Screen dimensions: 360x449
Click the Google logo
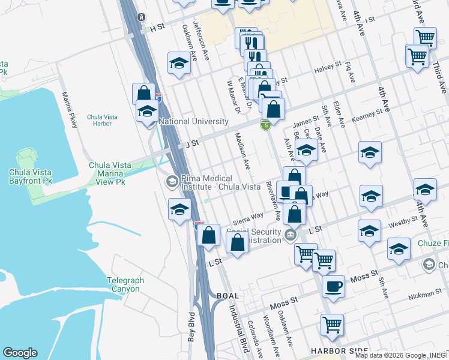click(x=20, y=353)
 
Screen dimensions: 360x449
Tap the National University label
click(x=194, y=121)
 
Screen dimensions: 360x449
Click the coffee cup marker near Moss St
click(x=334, y=286)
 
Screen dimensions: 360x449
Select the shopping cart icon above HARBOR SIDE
click(x=332, y=325)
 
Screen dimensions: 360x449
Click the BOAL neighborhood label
click(x=228, y=296)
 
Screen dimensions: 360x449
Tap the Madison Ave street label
click(x=242, y=150)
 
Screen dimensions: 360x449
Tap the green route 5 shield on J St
click(x=265, y=125)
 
